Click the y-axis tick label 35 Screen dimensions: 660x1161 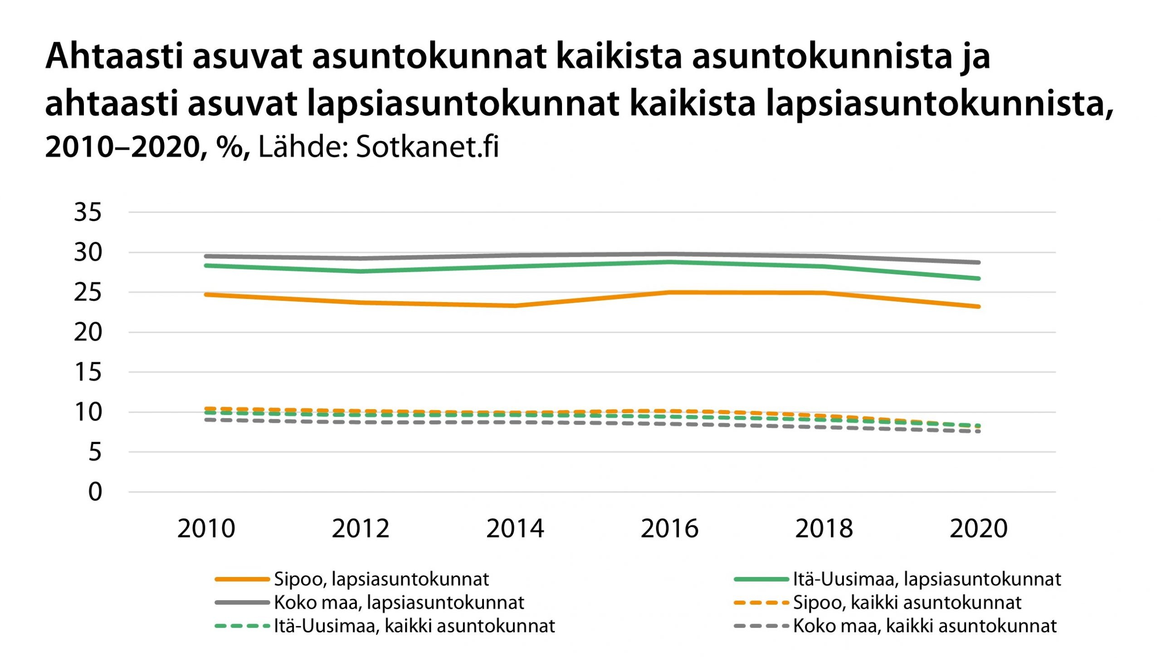point(88,212)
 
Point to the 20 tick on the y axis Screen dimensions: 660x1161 point(88,332)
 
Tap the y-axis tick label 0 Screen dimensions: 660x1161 point(95,492)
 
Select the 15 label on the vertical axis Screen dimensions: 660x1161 point(88,372)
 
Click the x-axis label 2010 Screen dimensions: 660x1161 point(206,529)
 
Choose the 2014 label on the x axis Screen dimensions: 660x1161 point(515,529)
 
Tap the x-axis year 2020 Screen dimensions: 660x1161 point(978,529)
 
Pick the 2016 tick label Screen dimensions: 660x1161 point(669,529)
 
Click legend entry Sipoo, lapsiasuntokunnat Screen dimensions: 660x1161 point(381,579)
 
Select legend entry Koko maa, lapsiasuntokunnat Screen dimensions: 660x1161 point(399,603)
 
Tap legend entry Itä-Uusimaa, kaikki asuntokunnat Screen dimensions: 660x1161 point(414,626)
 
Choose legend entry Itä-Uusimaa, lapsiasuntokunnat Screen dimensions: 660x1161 point(927,579)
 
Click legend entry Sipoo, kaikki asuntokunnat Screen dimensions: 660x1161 point(907,603)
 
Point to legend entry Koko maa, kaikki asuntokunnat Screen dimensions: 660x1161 point(925,626)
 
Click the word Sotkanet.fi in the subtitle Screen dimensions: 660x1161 point(427,147)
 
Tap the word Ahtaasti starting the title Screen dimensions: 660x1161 point(114,57)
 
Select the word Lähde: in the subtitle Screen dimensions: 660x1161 point(303,147)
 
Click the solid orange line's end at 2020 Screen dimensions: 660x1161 point(978,307)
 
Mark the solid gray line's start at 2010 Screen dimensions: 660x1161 point(206,256)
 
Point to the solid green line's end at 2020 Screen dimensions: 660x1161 point(978,279)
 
